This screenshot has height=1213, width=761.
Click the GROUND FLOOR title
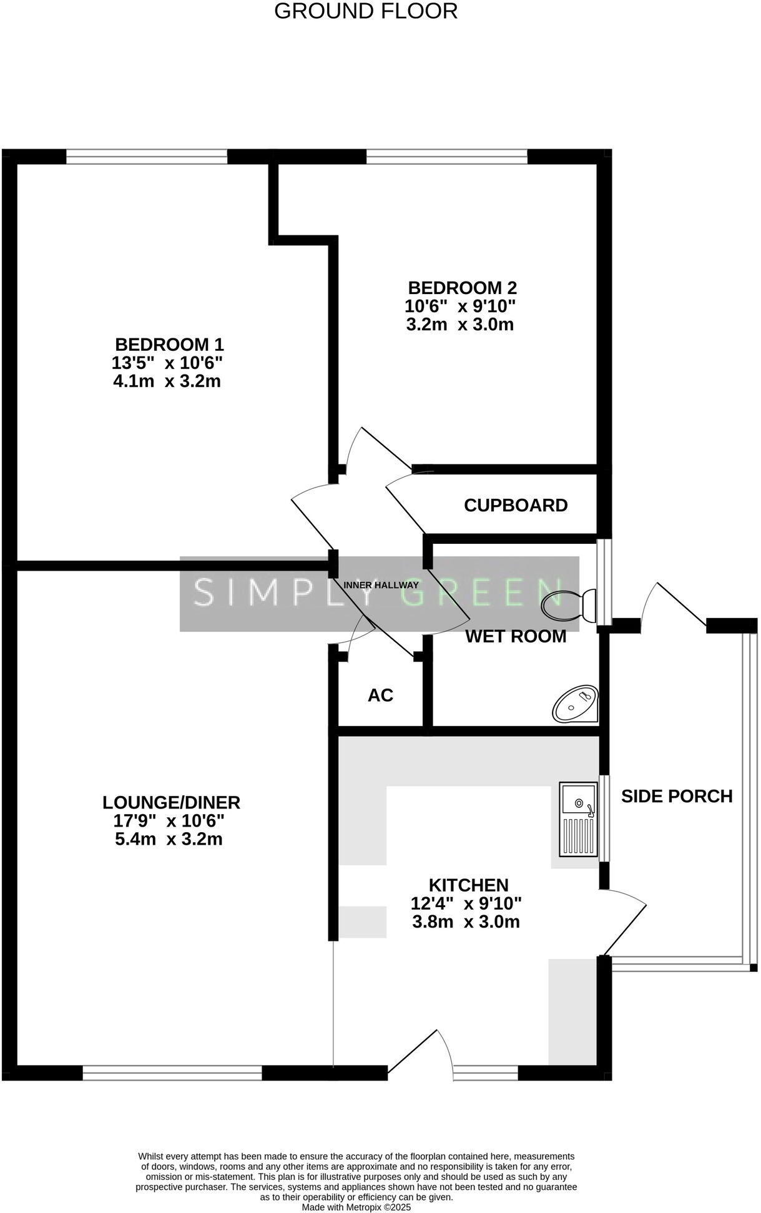coord(366,11)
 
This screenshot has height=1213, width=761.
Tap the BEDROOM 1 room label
coord(169,345)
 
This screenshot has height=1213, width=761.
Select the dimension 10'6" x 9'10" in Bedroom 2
coord(460,307)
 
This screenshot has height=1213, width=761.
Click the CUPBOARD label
coord(516,505)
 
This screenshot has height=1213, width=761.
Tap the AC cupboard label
coord(380,695)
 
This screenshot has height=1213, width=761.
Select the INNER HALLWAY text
coord(381,585)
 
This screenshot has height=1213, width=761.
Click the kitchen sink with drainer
coord(578,819)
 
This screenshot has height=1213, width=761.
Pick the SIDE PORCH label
coord(677,796)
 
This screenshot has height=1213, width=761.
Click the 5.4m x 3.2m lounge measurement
coord(169,838)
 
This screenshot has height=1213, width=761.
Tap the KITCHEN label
coord(468,885)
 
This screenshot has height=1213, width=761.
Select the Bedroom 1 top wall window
coord(147,157)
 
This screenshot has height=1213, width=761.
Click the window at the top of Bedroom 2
coord(446,157)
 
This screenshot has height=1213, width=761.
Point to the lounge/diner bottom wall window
coord(172,1073)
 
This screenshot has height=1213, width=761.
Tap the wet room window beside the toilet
coord(604,582)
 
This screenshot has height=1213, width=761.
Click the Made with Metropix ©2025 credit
coord(356,1207)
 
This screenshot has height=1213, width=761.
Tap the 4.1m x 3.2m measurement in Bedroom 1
coord(167,381)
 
